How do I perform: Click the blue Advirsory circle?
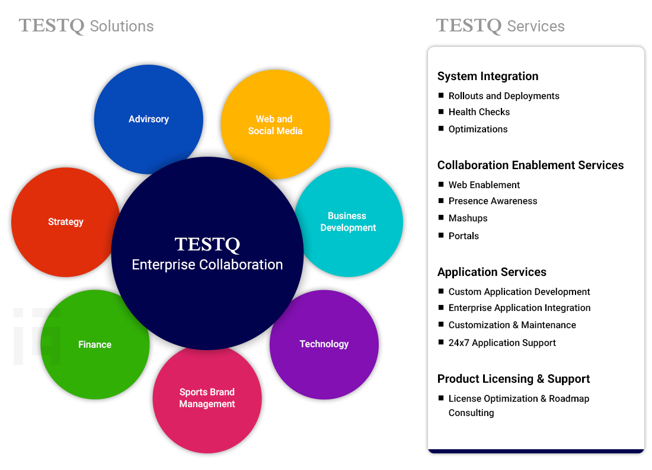148,113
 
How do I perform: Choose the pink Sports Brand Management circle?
207,404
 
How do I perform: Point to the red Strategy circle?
62,222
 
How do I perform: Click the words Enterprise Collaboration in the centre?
207,265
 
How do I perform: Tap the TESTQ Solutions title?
87,26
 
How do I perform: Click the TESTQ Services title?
500,26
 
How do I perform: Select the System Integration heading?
488,76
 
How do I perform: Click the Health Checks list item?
479,112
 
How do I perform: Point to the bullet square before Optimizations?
441,129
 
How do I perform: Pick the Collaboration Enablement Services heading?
530,165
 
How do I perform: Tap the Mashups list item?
468,218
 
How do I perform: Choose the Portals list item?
464,236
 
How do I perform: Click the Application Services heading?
492,272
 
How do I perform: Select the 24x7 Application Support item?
502,342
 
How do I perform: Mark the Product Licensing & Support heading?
513,379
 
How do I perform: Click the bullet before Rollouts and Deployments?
441,96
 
